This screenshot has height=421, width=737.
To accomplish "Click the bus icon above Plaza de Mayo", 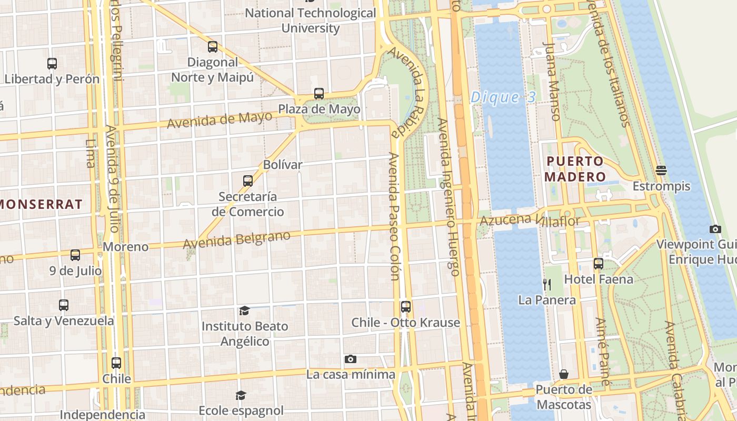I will (318, 94).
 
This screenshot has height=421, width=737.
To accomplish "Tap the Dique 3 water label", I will (503, 97).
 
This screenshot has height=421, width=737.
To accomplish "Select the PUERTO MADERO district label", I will (575, 169).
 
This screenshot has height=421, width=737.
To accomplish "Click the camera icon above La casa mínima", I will (350, 359).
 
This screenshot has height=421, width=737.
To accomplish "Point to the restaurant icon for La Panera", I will (547, 285).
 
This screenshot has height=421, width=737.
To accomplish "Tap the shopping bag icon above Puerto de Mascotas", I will (564, 374).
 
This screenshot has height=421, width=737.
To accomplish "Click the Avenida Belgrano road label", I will (236, 239).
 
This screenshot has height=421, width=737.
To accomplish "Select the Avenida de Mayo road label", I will (220, 121).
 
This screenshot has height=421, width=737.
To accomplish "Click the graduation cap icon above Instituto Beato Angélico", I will (244, 311).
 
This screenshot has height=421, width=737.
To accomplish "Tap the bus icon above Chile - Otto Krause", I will (405, 307).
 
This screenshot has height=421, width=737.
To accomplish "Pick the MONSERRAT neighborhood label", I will (42, 204).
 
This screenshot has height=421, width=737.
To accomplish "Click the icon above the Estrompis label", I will (661, 171).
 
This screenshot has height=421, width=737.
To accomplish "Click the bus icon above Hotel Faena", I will (598, 264).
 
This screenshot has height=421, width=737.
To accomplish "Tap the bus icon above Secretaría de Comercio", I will (247, 181).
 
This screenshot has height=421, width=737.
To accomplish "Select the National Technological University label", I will (311, 21).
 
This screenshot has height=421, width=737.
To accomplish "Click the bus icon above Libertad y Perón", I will (52, 64).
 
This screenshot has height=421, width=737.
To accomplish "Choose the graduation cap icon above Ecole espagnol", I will (241, 395).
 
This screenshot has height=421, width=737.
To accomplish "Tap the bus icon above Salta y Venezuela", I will (64, 305).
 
